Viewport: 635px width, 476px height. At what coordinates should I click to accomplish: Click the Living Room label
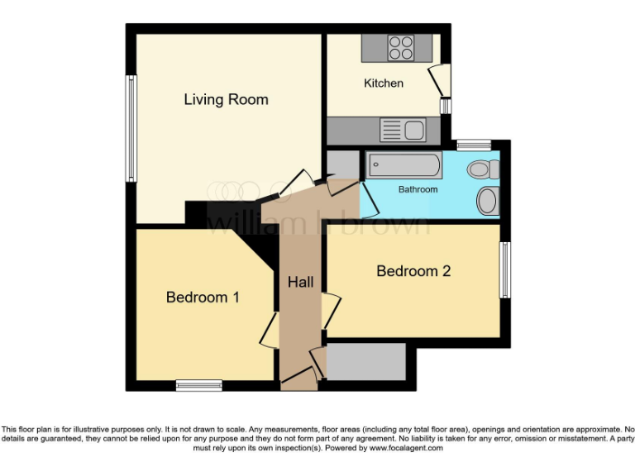coord(226,100)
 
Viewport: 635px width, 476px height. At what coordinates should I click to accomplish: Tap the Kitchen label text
coord(384,83)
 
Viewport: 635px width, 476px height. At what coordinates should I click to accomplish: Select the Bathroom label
coord(418,189)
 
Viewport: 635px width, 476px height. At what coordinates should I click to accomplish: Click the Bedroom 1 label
coord(203,297)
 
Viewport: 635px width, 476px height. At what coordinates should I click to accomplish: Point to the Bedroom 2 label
coord(413,271)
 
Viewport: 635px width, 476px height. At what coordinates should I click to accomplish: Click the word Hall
coord(300,283)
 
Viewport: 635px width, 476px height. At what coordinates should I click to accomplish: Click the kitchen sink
coord(403,130)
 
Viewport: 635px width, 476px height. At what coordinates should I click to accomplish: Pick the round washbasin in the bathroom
coord(488,199)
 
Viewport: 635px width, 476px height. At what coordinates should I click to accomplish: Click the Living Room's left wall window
coord(131,128)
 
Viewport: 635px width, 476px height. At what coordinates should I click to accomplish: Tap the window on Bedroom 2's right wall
coord(504,270)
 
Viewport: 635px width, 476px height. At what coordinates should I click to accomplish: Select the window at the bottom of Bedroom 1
coord(199,384)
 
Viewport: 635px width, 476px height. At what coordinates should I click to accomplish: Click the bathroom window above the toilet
coord(474,145)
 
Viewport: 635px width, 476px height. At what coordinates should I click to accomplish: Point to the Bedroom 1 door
coord(270,331)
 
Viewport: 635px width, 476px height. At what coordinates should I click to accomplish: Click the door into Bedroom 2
coord(330,311)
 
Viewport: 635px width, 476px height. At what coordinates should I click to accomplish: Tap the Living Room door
coord(298,183)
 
